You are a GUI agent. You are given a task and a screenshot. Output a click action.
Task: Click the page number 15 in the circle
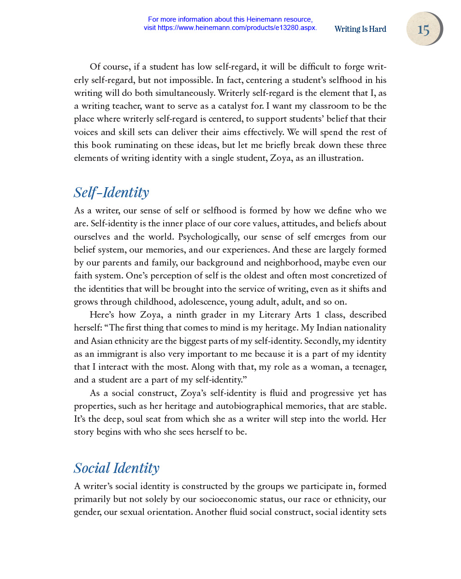click(423, 30)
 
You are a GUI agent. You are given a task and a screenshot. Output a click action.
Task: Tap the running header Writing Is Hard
click(360, 29)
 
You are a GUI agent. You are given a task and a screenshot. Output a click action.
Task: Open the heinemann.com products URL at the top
click(237, 28)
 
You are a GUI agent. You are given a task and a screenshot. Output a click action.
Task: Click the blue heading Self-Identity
click(112, 192)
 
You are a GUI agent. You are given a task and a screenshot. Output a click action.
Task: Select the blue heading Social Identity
click(117, 467)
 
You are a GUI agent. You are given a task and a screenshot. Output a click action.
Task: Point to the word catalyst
click(234, 106)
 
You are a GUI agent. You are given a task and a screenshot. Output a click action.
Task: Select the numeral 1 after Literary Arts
click(318, 315)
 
